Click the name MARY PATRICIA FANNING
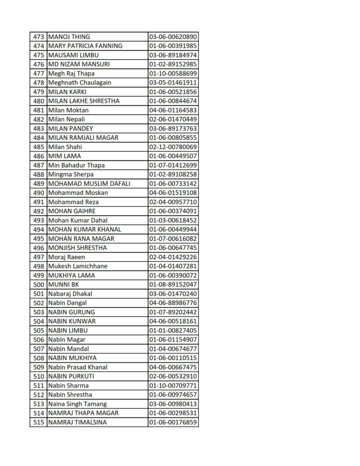(85, 46)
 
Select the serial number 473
(39, 37)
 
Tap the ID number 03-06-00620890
(173, 37)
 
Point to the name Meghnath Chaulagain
(80, 83)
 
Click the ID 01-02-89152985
(173, 64)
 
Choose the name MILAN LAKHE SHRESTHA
(84, 101)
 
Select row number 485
(39, 147)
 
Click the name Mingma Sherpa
(71, 174)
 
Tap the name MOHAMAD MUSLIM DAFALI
(89, 183)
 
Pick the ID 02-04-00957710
(173, 202)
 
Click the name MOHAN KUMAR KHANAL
(85, 229)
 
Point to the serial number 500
(39, 284)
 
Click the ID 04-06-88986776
(173, 303)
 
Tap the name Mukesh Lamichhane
(78, 266)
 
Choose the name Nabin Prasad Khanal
(78, 367)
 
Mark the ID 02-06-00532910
(173, 376)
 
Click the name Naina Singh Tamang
(77, 404)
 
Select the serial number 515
(39, 422)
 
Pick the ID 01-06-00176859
(173, 422)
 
